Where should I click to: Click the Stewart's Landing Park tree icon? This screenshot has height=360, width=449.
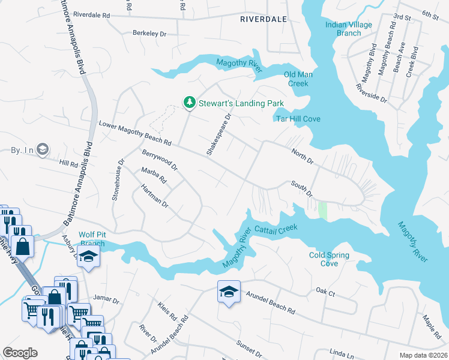coord(190,103)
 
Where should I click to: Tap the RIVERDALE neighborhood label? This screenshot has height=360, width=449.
coord(263,19)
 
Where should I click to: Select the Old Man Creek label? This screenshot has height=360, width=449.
coord(298,79)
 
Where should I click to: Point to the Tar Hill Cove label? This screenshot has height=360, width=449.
coord(298,119)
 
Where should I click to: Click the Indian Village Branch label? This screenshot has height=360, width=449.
coord(349,29)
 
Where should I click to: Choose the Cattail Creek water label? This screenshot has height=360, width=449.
coord(276,229)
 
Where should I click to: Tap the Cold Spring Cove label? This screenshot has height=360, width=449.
coord(329,259)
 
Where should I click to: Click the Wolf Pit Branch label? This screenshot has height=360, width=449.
coord(92,239)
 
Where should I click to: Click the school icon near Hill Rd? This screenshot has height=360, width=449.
coord(42,149)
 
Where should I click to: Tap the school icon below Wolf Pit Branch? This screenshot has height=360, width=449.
coord(89,257)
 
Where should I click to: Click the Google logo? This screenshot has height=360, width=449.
coord(20,353)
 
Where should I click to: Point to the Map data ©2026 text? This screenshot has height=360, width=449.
coord(423,355)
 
